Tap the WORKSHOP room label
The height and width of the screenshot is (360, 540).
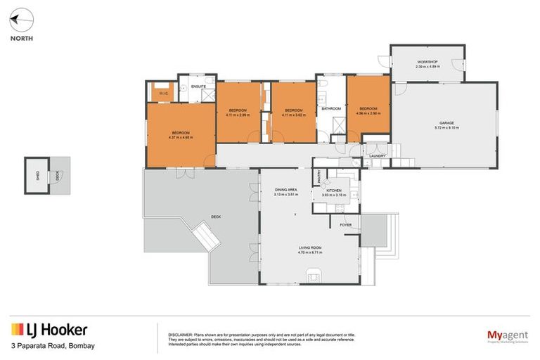pos(427,63)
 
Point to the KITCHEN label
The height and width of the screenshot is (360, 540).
pos(333,191)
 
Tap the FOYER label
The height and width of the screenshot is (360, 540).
pos(345,225)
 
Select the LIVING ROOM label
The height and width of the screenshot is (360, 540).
pos(309,247)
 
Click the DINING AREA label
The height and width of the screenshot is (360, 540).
pos(285,190)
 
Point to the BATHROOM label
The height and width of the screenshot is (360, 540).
pos(331,109)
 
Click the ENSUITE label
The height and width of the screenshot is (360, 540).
pos(199,86)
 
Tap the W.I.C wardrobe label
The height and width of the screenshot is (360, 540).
pos(162,93)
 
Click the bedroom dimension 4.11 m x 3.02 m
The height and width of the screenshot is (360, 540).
pos(292,115)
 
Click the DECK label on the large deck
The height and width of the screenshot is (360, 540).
pos(215,217)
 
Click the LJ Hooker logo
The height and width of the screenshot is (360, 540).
pos(49,330)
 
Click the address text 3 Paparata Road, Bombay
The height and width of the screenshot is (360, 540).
pos(53,346)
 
